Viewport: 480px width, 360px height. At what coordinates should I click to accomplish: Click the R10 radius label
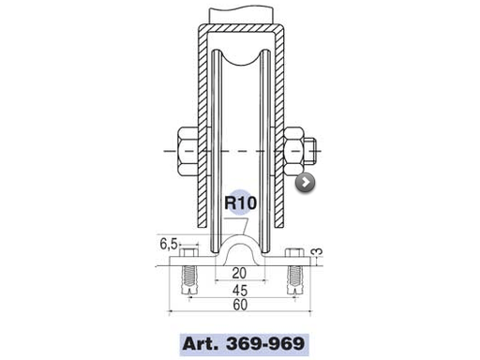(241, 201)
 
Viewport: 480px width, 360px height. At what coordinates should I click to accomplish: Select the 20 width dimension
(241, 275)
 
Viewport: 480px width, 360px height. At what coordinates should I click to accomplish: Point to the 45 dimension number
(241, 290)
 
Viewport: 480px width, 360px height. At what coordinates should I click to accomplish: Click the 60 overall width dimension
(241, 307)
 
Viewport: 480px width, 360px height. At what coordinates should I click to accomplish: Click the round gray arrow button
(306, 184)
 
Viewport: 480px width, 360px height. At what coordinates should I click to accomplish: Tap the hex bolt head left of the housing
(184, 149)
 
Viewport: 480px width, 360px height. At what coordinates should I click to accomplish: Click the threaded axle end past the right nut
(315, 149)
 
